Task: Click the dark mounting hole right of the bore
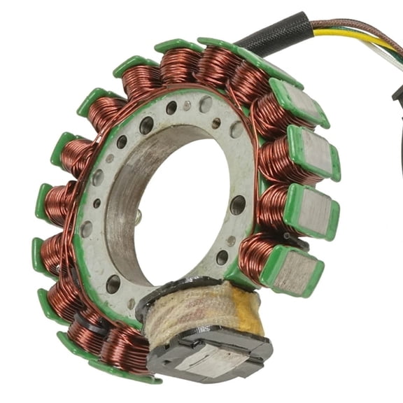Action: pyautogui.click(x=237, y=205)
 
